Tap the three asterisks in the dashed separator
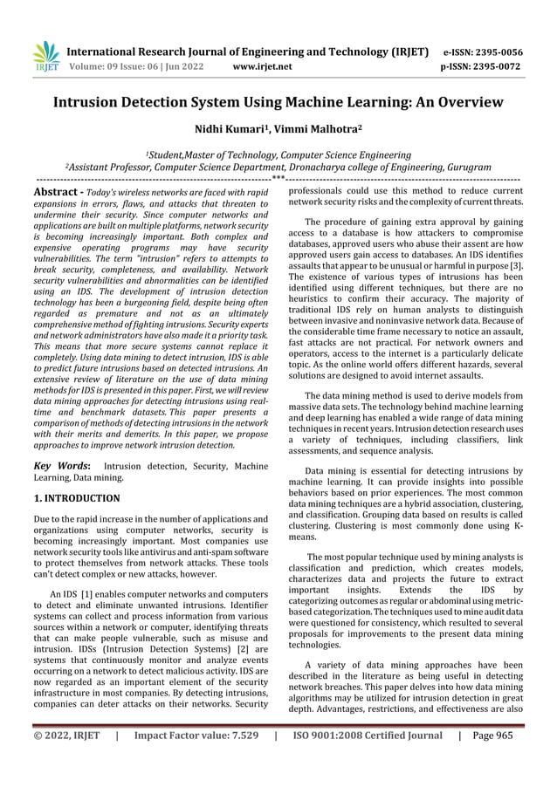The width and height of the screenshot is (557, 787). (x=278, y=180)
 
